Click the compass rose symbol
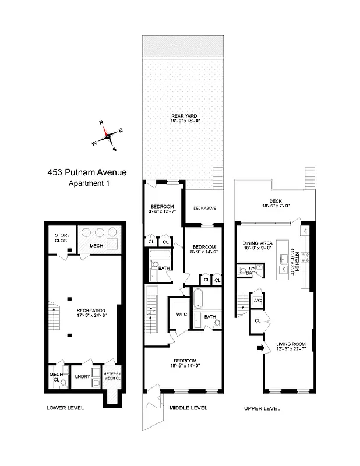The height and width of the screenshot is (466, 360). tap(108, 135)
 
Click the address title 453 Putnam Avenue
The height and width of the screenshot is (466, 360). tap(86, 173)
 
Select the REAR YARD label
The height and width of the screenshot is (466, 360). tap(182, 116)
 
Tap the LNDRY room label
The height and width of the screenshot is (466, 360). tap(83, 376)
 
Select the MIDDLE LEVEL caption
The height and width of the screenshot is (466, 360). tap(188, 408)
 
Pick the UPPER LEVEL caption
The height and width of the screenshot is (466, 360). tap(262, 408)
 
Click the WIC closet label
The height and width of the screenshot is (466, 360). tap(181, 315)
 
